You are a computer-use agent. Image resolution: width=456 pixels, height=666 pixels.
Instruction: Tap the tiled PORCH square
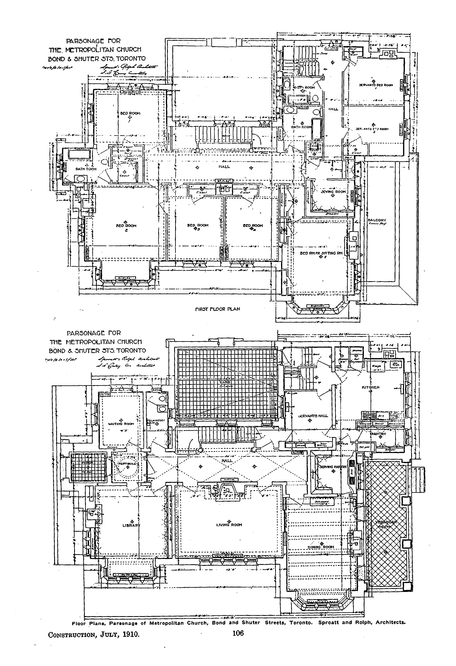pos(88,467)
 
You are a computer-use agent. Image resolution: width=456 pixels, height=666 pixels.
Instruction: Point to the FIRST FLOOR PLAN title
pos(217,309)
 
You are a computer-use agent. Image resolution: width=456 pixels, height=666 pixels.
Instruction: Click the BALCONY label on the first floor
pos(377,220)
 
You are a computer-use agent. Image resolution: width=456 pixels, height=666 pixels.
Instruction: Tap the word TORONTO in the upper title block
pos(131,59)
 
